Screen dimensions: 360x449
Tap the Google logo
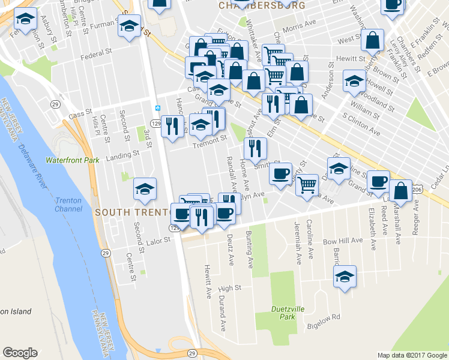click(x=20, y=353)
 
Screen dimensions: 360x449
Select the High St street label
click(x=229, y=288)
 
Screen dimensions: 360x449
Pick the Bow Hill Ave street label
click(x=343, y=240)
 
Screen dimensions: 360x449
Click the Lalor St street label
click(x=159, y=240)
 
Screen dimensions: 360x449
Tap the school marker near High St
click(x=345, y=277)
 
